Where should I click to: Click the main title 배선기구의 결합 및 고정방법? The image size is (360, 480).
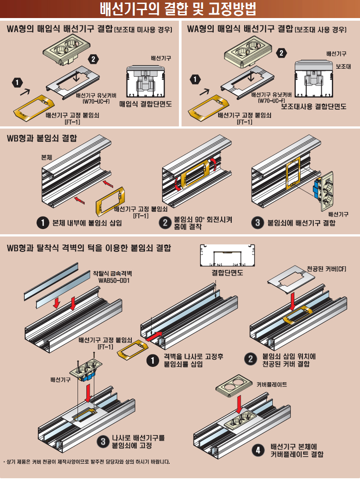[x=178, y=9]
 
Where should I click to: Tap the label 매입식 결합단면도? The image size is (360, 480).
[x=145, y=104]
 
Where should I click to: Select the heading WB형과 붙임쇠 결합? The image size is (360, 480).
[x=42, y=138]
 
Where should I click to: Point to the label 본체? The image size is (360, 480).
[x=46, y=156]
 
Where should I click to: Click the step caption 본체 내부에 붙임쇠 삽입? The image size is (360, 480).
[x=87, y=223]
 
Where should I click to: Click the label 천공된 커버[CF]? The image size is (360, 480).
[x=327, y=268]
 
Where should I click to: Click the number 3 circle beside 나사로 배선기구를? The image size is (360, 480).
[x=102, y=441]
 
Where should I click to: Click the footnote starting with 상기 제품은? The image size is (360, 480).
[x=86, y=462]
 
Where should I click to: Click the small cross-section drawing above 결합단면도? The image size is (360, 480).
[x=228, y=255]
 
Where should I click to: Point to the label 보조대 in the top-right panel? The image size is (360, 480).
[x=342, y=66]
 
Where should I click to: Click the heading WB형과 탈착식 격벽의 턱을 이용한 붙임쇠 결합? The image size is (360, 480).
[x=89, y=248]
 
